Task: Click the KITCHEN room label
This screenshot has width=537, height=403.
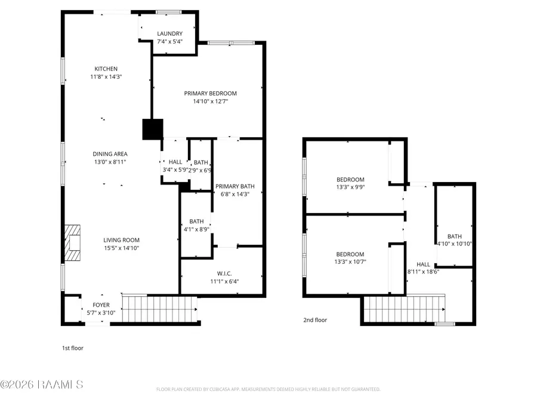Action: coord(106,69)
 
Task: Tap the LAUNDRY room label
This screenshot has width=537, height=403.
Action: coord(169,33)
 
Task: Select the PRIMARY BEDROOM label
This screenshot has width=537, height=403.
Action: coord(210,93)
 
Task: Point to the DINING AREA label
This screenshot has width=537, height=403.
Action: coord(109,153)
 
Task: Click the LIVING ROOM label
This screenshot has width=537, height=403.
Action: coord(121,240)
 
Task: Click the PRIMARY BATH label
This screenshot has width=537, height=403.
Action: coord(232,186)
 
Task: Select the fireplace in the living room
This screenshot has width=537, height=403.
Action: coord(73,242)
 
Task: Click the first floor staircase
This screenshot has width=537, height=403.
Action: coord(159,309)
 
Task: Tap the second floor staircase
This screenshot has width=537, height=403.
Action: coord(404,310)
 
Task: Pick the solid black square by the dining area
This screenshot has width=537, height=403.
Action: coord(153,130)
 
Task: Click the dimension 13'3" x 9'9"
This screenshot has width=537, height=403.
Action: coord(350,187)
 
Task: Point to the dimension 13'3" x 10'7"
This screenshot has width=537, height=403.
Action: coord(350,262)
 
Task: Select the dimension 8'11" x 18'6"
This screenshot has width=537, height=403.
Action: coord(423,272)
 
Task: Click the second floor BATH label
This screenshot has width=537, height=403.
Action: coord(455,236)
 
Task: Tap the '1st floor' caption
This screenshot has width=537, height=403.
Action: coord(73,348)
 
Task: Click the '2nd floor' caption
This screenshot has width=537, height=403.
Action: coord(315,320)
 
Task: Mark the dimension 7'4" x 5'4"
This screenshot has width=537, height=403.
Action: coord(169,42)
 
